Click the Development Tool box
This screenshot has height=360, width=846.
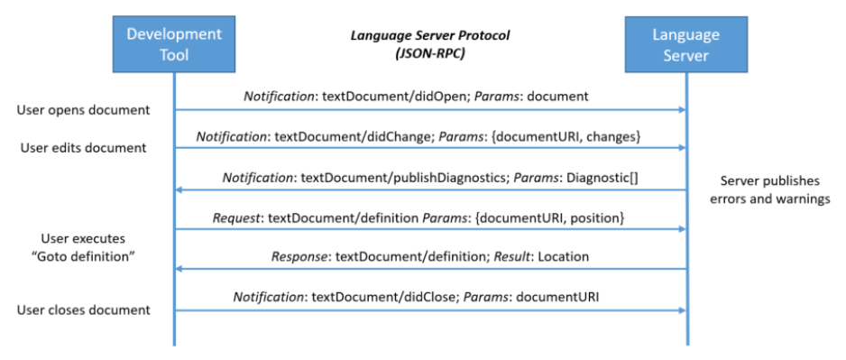(x=173, y=45)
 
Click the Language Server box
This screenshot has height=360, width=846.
(x=686, y=45)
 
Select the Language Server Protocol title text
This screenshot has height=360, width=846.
(x=430, y=35)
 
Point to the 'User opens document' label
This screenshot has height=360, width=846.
(x=83, y=110)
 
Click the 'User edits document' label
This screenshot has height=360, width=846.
(x=83, y=147)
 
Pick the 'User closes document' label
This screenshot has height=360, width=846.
(x=83, y=309)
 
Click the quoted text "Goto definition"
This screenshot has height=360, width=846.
(x=83, y=256)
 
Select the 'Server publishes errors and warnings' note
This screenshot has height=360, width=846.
(x=775, y=189)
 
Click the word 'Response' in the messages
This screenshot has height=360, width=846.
(x=301, y=256)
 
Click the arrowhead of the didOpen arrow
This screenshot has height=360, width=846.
(x=681, y=110)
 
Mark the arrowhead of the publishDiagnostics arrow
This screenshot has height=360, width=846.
(x=179, y=189)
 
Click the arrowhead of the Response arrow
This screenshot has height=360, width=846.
(x=179, y=268)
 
